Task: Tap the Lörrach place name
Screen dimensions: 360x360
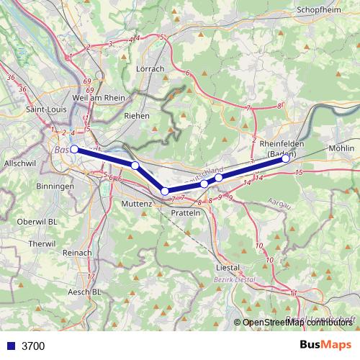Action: [150, 68]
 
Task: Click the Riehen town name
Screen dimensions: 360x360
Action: [137, 115]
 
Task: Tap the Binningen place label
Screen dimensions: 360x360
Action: [54, 186]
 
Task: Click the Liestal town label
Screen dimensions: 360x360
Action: [228, 266]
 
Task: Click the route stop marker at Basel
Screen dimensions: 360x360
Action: [74, 149]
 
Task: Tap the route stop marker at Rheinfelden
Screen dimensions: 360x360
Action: [286, 158]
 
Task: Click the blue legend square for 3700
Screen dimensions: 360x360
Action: [10, 346]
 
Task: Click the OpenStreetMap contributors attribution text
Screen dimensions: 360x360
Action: [296, 323]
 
